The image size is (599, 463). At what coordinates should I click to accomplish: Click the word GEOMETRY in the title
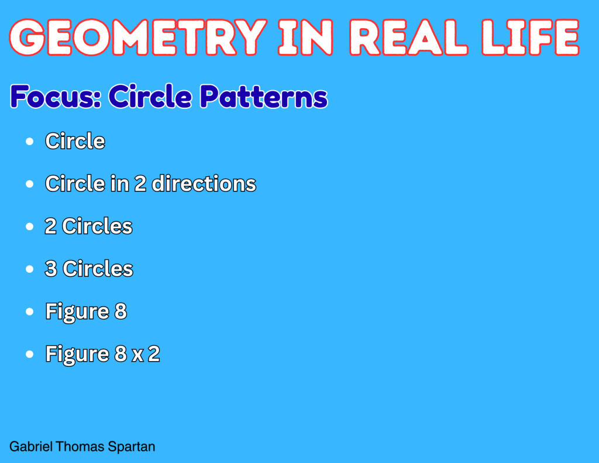pyautogui.click(x=138, y=37)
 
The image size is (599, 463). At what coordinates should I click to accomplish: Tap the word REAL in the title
pyautogui.click(x=408, y=37)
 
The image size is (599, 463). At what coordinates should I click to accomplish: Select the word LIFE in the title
pyautogui.click(x=531, y=37)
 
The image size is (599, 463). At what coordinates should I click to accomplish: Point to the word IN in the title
pyautogui.click(x=305, y=37)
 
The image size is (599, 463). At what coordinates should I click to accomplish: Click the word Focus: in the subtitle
pyautogui.click(x=56, y=97)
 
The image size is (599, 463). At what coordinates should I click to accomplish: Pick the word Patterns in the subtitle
pyautogui.click(x=264, y=97)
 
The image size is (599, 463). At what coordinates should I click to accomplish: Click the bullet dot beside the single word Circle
pyautogui.click(x=29, y=142)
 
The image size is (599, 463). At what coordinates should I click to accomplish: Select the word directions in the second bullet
pyautogui.click(x=204, y=184)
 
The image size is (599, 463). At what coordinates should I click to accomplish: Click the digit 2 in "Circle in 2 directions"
pyautogui.click(x=140, y=184)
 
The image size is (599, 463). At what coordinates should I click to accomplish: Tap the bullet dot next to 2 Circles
pyautogui.click(x=29, y=227)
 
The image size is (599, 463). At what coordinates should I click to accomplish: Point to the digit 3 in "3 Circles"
pyautogui.click(x=51, y=269)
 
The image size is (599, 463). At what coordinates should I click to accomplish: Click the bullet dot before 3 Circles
pyautogui.click(x=29, y=269)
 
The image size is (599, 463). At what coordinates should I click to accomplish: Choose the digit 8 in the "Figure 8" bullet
pyautogui.click(x=121, y=311)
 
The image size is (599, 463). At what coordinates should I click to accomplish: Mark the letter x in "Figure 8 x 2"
pyautogui.click(x=137, y=355)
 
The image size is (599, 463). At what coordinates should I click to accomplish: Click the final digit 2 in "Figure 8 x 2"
pyautogui.click(x=154, y=354)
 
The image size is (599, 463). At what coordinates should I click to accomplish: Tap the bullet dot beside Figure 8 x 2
pyautogui.click(x=29, y=354)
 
